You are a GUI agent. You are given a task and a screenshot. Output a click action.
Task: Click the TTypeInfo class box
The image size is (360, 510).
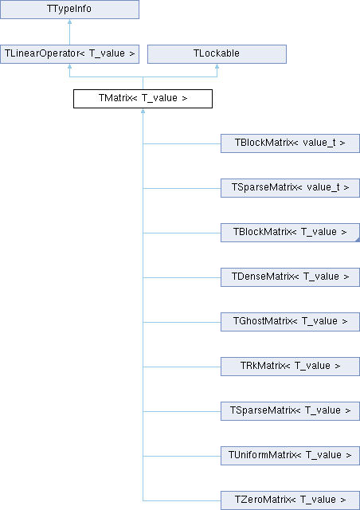69,10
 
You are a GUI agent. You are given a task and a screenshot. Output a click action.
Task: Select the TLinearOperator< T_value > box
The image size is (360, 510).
69,54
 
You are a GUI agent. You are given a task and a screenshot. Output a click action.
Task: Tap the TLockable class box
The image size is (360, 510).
217,54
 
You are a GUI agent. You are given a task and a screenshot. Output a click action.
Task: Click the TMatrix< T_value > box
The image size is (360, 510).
143,99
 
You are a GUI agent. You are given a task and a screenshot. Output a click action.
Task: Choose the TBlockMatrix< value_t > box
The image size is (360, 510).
291,143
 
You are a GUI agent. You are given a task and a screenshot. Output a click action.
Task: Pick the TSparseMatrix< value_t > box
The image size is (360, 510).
291,188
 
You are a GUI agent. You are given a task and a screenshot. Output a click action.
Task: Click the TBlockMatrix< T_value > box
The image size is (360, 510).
291,233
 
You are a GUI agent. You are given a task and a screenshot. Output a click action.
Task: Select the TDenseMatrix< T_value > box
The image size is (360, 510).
291,277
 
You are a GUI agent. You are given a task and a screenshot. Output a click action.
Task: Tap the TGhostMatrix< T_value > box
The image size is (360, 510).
291,322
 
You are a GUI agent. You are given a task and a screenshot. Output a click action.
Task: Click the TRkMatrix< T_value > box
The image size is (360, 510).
291,367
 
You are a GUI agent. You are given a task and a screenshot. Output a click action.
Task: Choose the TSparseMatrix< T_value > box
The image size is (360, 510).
291,411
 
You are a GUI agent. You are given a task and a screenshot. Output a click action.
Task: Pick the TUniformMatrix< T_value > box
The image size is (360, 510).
291,456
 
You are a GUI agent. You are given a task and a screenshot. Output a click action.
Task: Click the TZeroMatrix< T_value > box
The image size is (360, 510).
291,500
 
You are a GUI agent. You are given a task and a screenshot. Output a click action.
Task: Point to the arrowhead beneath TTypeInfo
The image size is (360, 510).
69,22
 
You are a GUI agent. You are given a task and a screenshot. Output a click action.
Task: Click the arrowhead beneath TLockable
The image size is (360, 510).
217,65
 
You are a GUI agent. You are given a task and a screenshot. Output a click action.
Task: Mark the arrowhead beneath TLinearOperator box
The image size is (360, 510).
69,65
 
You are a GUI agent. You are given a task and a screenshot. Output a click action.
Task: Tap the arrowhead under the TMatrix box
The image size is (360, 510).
143,111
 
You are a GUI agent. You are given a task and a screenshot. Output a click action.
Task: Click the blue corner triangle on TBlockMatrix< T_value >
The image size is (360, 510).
358,240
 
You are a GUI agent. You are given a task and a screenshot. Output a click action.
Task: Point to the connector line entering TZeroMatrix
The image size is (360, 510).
182,500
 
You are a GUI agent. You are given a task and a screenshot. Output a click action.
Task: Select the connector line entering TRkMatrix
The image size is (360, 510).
182,367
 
